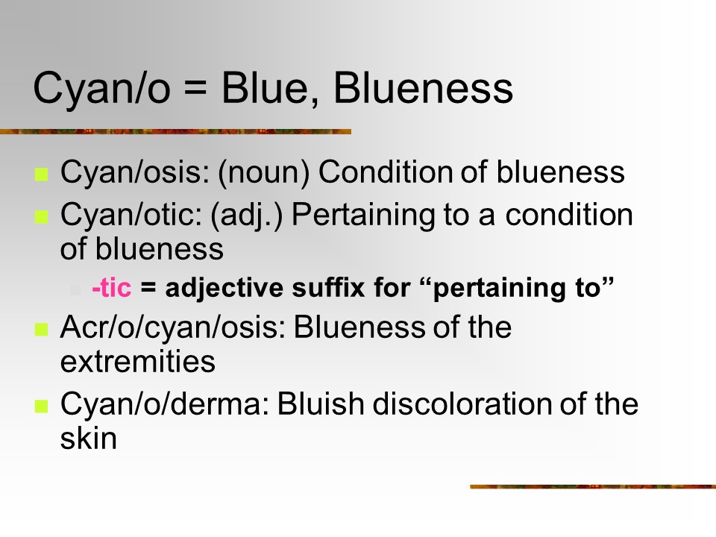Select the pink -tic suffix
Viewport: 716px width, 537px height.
(111, 288)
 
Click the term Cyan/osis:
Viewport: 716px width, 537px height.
(135, 172)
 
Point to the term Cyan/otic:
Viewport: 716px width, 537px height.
(131, 215)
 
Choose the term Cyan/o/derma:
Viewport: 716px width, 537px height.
(166, 404)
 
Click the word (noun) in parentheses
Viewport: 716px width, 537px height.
(264, 173)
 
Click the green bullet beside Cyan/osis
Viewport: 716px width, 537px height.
(41, 175)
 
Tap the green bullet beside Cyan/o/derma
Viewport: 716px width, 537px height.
(41, 406)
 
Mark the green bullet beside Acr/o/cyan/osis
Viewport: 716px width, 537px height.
(41, 329)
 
